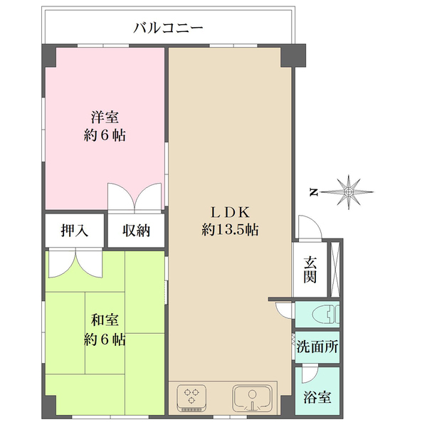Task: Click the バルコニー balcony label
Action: click(169, 28)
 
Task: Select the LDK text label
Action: click(229, 212)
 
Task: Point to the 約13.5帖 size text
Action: click(229, 230)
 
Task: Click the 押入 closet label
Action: click(75, 231)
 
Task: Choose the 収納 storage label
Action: click(136, 231)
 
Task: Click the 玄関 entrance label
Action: click(310, 269)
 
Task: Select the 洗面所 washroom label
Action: click(317, 349)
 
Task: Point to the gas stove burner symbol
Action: click(193, 397)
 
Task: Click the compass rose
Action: click(349, 191)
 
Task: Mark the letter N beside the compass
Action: click(313, 191)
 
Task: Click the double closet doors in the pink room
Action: click(135, 196)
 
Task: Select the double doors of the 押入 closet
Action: click(75, 262)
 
